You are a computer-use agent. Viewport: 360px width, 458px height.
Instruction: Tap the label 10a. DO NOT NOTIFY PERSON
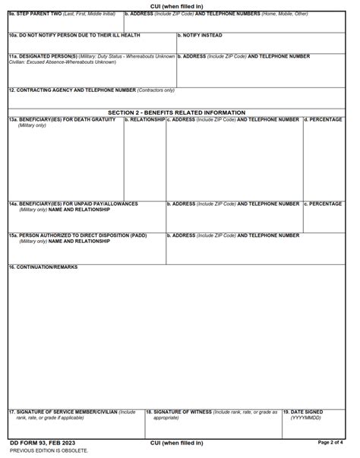74,35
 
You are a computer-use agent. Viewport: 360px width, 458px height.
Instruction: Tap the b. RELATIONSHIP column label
145,119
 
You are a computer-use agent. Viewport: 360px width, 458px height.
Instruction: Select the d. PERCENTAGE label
324,119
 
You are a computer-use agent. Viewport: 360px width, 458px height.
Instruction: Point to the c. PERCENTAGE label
324,204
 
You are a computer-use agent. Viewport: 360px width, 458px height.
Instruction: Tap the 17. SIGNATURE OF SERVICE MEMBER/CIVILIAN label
72,412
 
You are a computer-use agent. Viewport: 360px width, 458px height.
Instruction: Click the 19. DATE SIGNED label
303,412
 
